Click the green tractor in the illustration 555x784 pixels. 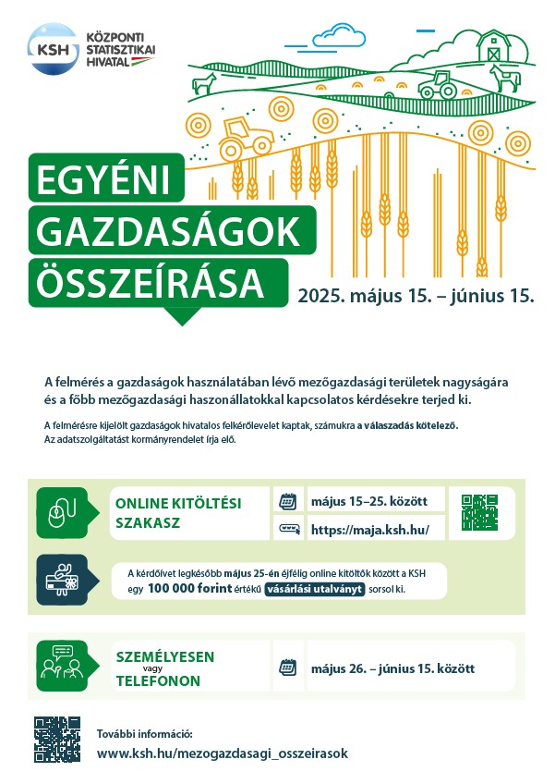[x=438, y=87]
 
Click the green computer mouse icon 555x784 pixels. [x=62, y=511]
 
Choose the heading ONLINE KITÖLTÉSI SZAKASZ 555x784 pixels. [x=177, y=512]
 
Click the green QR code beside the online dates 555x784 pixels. [x=481, y=512]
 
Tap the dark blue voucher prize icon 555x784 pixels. [x=62, y=580]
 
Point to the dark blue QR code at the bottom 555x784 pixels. [x=57, y=739]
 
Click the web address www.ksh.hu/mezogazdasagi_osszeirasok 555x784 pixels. [x=223, y=753]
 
